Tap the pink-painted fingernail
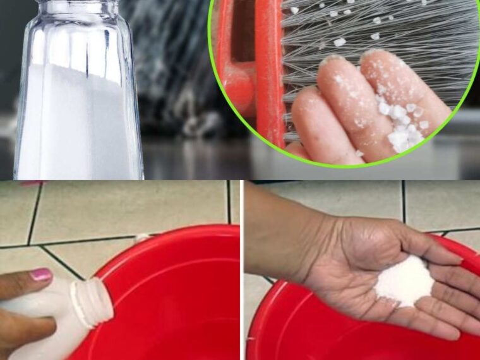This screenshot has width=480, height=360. [40, 275]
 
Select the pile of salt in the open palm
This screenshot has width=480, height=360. [404, 282]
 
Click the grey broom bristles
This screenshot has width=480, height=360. [379, 38]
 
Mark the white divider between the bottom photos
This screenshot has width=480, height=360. [241, 272]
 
